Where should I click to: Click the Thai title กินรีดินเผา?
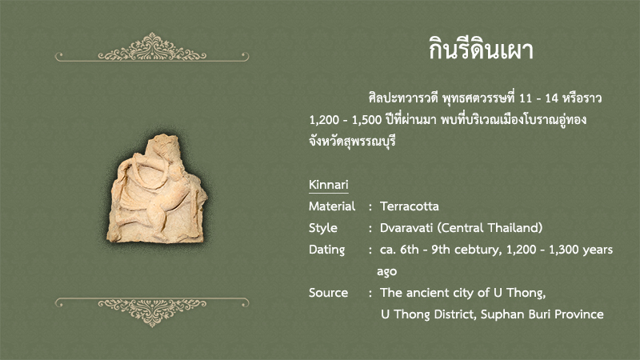click(481, 50)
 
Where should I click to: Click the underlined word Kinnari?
click(329, 185)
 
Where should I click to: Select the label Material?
click(332, 206)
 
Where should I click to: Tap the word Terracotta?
click(410, 206)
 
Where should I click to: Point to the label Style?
click(323, 228)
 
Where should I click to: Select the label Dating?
click(326, 250)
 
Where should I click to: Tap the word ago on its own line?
click(386, 272)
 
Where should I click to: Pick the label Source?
click(328, 293)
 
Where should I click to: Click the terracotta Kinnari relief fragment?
click(156, 190)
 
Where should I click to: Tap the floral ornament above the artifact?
click(152, 47)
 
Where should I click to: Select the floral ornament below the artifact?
click(152, 312)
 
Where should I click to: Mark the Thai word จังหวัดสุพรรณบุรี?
click(352, 142)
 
